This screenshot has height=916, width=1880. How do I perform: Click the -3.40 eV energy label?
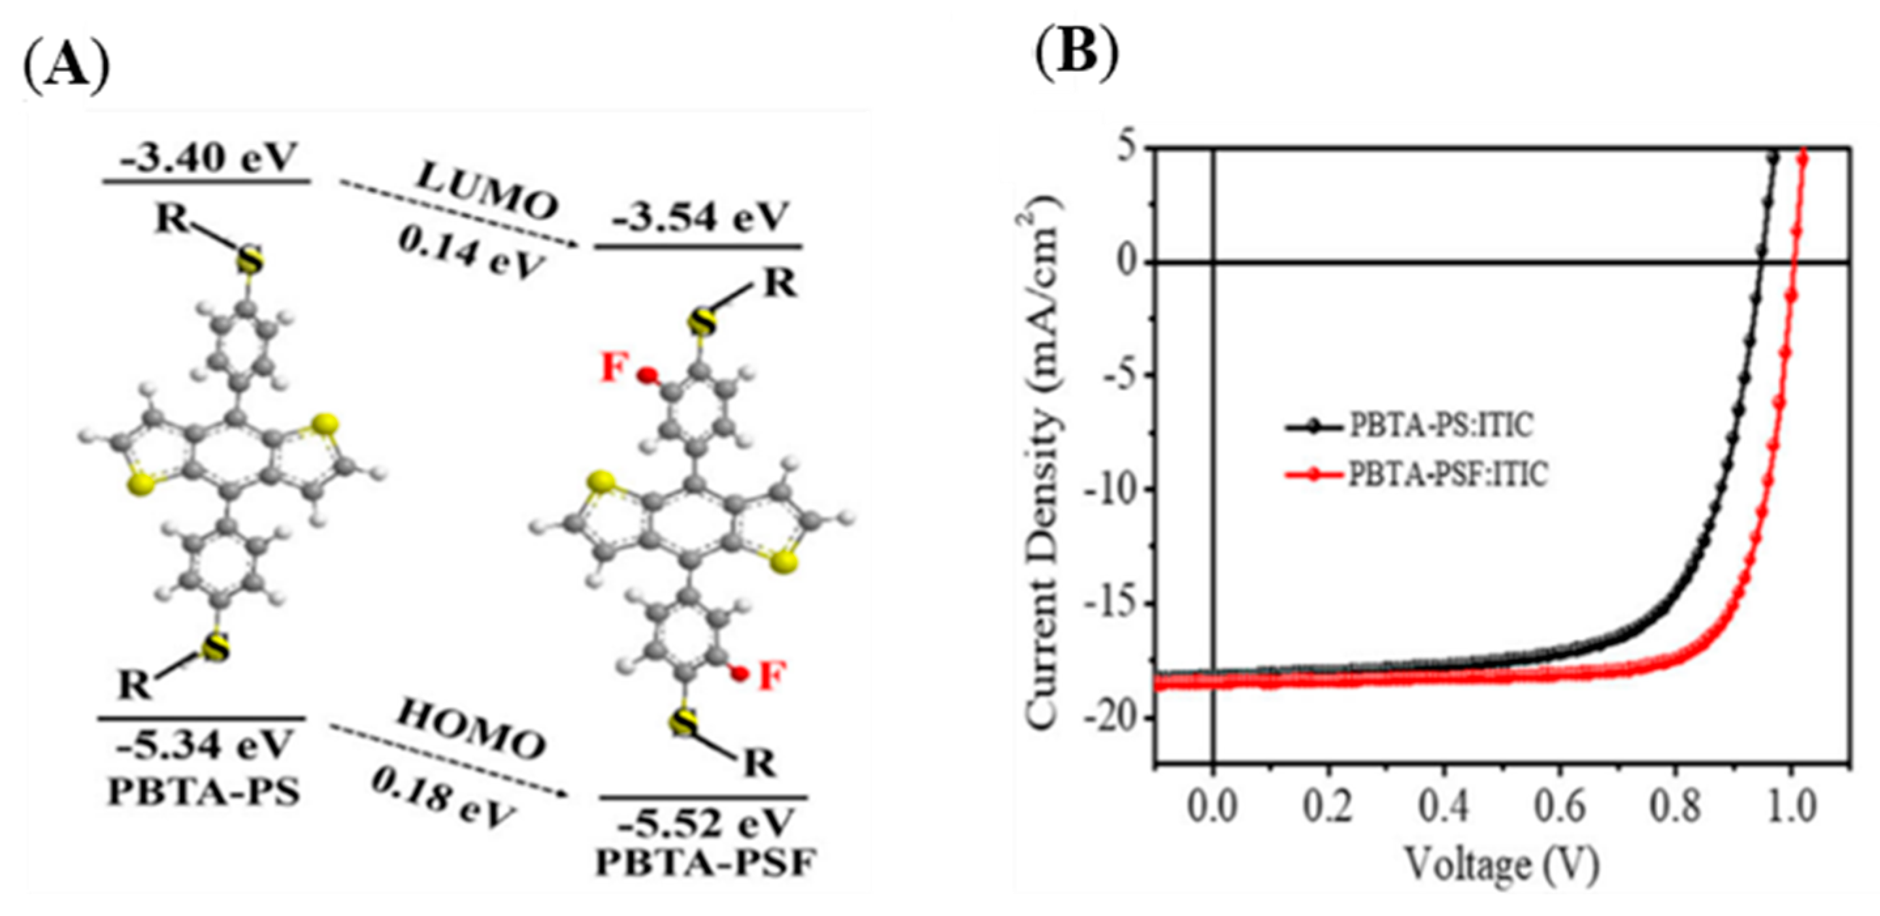208,158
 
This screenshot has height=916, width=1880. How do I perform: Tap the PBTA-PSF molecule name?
705,864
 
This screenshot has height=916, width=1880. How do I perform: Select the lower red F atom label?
772,676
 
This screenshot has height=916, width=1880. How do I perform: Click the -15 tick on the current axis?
1112,604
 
